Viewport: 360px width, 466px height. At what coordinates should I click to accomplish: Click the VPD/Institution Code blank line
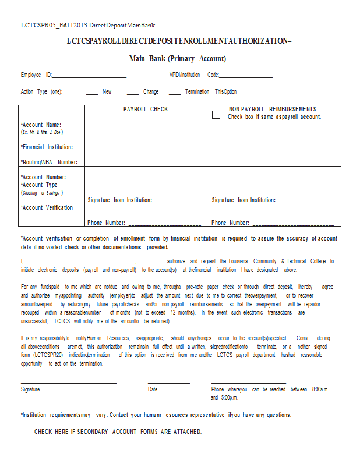(x=245, y=76)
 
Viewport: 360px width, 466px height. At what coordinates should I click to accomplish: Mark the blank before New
(x=92, y=93)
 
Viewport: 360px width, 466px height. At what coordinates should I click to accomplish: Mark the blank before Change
(x=132, y=93)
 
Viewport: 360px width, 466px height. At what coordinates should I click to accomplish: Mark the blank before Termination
(x=175, y=93)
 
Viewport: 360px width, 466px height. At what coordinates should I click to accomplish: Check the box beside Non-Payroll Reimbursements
(x=216, y=115)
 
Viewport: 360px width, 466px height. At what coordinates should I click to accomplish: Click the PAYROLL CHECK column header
(x=146, y=110)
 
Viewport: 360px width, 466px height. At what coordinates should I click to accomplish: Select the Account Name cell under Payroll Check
(x=147, y=129)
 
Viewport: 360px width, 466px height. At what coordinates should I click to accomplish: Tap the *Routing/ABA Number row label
(x=49, y=162)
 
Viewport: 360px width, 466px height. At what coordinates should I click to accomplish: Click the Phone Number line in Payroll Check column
(x=164, y=224)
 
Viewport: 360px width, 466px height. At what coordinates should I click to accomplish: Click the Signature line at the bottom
(x=69, y=382)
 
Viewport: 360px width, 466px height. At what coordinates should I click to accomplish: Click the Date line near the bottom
(x=168, y=382)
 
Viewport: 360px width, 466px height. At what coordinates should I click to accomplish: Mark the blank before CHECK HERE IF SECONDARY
(x=26, y=433)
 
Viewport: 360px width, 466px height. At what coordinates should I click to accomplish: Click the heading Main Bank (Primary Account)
(x=177, y=58)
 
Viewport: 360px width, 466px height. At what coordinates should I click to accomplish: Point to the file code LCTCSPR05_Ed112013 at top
(x=87, y=25)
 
